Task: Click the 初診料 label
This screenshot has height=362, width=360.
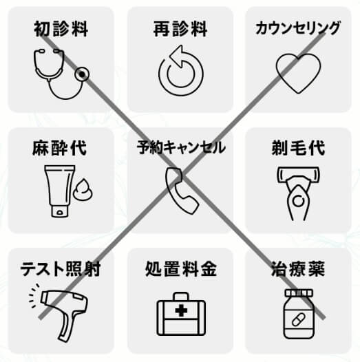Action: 61,29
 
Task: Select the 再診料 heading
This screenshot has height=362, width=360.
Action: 180,29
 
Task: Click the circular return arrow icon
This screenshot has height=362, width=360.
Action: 181,70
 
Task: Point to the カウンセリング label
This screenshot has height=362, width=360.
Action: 298,28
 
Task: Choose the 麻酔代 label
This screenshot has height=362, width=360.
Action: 60,148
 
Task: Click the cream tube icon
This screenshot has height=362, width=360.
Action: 69,191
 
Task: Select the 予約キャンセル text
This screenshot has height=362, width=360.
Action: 181,147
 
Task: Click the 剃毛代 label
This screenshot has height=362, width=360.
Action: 298,148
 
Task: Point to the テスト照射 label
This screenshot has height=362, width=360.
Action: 61,268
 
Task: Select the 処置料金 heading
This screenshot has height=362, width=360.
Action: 181,268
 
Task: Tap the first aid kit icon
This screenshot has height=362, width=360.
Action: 181,314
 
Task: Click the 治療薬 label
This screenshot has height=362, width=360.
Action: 298,268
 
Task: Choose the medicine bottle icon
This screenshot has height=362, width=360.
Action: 299,314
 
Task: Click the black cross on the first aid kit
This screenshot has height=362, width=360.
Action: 181,310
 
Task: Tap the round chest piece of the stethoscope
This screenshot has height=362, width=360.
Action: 82,74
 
